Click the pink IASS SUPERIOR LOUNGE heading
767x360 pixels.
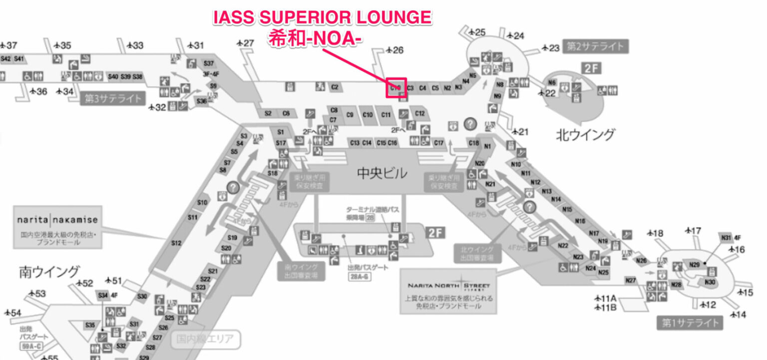pyautogui.click(x=322, y=18)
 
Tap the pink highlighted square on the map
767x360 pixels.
pyautogui.click(x=396, y=88)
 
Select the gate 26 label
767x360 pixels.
pyautogui.click(x=397, y=50)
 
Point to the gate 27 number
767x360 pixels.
pyautogui.click(x=249, y=43)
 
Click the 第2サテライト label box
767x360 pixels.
pyautogui.click(x=595, y=46)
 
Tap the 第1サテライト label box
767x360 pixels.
pyautogui.click(x=690, y=323)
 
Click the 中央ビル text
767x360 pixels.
pyautogui.click(x=382, y=174)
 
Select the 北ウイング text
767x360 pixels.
pyautogui.click(x=585, y=134)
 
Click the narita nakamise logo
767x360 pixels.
pyautogui.click(x=57, y=220)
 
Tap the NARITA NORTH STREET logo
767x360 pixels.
pyautogui.click(x=448, y=286)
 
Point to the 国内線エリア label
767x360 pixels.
pyautogui.click(x=205, y=340)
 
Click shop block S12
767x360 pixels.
pyautogui.click(x=176, y=243)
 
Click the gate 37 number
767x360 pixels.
pyautogui.click(x=11, y=45)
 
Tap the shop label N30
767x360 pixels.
pyautogui.click(x=710, y=282)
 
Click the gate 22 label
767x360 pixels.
pyautogui.click(x=550, y=93)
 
